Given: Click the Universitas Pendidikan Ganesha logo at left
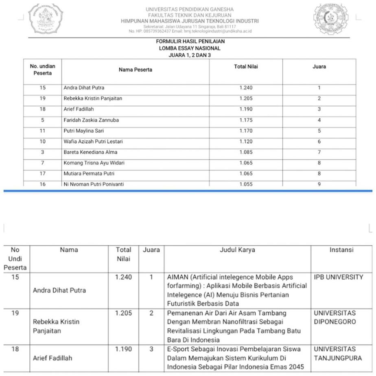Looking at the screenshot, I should pos(45,19).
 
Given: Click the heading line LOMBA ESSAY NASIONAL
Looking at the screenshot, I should pos(190,48).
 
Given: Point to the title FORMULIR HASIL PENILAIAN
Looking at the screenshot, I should pos(190,42).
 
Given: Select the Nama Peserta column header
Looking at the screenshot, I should pos(136,70).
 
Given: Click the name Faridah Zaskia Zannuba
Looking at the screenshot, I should pos(91,120).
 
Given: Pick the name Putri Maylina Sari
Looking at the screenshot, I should pos(83,131).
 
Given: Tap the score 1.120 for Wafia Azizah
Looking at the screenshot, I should pos(246,142).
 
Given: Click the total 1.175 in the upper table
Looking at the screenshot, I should pos(246,120).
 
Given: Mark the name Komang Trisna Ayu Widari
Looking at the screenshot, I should pos(94,163).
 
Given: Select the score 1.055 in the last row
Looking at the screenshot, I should pos(246,184).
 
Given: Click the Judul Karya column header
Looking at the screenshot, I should pos(237,250).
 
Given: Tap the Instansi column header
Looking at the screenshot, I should pos(341,250).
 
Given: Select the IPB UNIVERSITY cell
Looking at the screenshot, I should pos(338,277).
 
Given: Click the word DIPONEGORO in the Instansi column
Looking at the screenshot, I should pos(335,322).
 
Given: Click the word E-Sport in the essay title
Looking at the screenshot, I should pos(178,349).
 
